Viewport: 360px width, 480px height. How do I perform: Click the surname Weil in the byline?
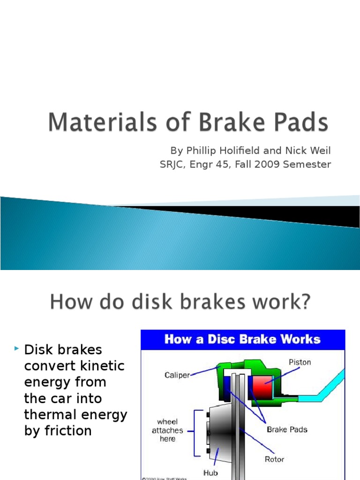(319, 150)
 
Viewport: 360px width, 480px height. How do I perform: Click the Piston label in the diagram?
(300, 362)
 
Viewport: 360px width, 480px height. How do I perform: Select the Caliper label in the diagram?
(177, 375)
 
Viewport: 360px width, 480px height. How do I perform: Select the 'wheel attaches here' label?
(167, 430)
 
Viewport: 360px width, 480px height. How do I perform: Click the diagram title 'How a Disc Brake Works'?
(242, 339)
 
